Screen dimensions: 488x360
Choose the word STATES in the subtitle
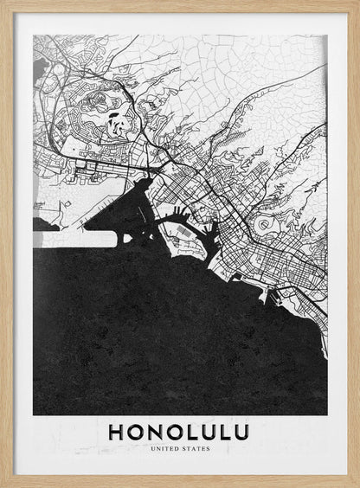pos(196,449)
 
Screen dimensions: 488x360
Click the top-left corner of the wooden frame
pos(3,3)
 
